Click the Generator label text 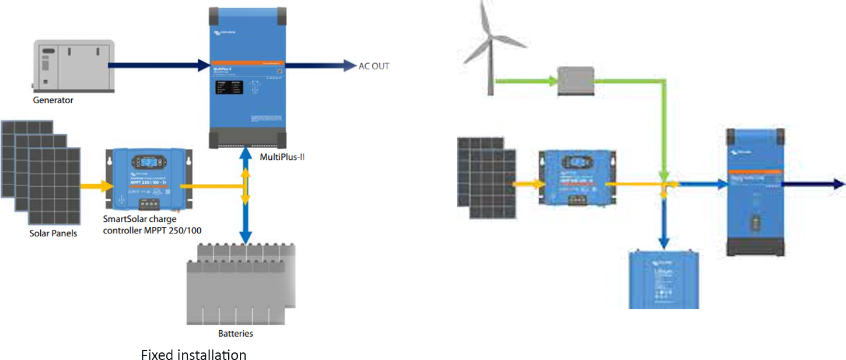pyautogui.click(x=53, y=100)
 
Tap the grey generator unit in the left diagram pyautogui.click(x=68, y=66)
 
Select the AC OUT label pyautogui.click(x=373, y=66)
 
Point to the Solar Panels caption pyautogui.click(x=53, y=233)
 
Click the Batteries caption pyautogui.click(x=236, y=334)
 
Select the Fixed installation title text pyautogui.click(x=194, y=355)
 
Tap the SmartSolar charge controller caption pyautogui.click(x=152, y=225)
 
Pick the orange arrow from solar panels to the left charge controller pyautogui.click(x=97, y=186)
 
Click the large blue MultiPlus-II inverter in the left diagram pyautogui.click(x=247, y=76)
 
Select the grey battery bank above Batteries pyautogui.click(x=239, y=283)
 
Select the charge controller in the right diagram pyautogui.click(x=576, y=178)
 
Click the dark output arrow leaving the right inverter pyautogui.click(x=814, y=184)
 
